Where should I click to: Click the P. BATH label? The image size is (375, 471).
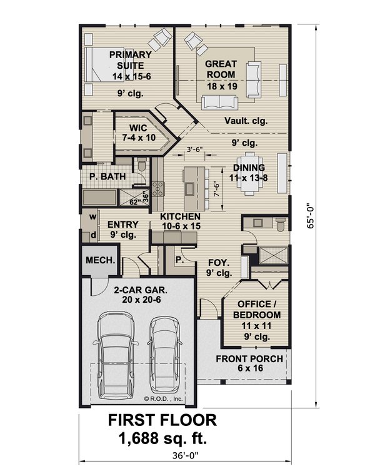point(103,177)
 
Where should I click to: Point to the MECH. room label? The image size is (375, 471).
point(99,260)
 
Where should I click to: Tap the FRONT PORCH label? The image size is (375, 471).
point(249,363)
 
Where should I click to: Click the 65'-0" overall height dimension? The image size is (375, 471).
point(309,217)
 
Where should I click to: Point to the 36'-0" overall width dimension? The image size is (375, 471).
point(187,457)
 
